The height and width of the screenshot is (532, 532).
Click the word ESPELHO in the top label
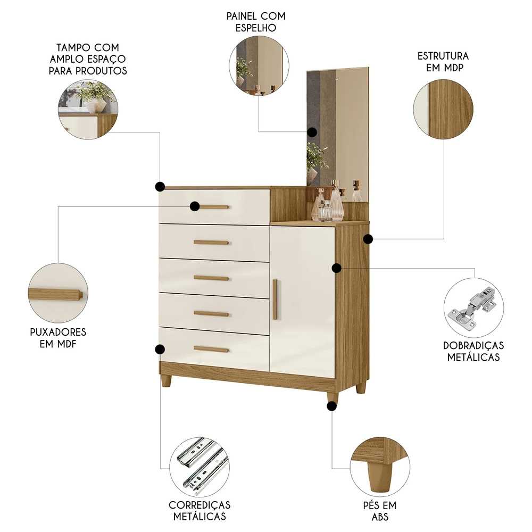click(256, 28)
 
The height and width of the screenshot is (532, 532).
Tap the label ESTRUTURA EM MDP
click(443, 62)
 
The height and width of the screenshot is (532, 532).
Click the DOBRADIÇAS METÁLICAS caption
click(473, 351)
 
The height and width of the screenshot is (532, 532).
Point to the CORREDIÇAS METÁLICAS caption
click(199, 510)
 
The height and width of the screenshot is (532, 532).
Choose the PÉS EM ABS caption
click(380, 511)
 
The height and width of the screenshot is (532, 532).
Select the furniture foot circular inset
click(380, 467)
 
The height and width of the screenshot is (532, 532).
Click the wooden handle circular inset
click(57, 293)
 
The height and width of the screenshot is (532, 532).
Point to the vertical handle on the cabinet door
click(275, 299)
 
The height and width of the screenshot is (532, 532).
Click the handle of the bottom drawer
click(211, 349)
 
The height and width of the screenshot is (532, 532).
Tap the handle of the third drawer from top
click(211, 278)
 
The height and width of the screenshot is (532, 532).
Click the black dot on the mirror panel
click(312, 132)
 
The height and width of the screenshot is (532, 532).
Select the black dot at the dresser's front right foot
click(332, 406)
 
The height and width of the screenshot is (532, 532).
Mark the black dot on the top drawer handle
click(195, 206)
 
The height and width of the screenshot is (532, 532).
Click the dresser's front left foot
click(166, 381)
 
